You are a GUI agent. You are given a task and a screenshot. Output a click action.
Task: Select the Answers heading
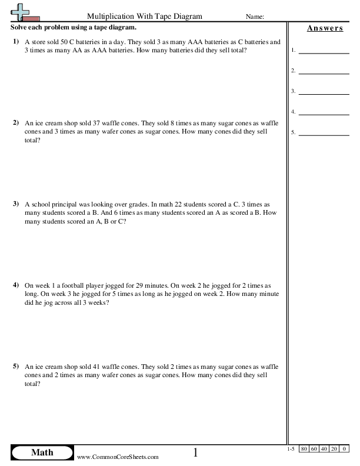tap(325, 28)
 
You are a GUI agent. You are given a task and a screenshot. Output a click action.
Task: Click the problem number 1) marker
tap(15, 42)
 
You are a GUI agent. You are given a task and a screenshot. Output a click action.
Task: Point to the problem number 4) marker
tap(15, 285)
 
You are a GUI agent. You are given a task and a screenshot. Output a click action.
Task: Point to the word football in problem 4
tap(72, 285)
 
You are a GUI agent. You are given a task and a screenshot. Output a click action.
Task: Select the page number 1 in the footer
tap(196, 452)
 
